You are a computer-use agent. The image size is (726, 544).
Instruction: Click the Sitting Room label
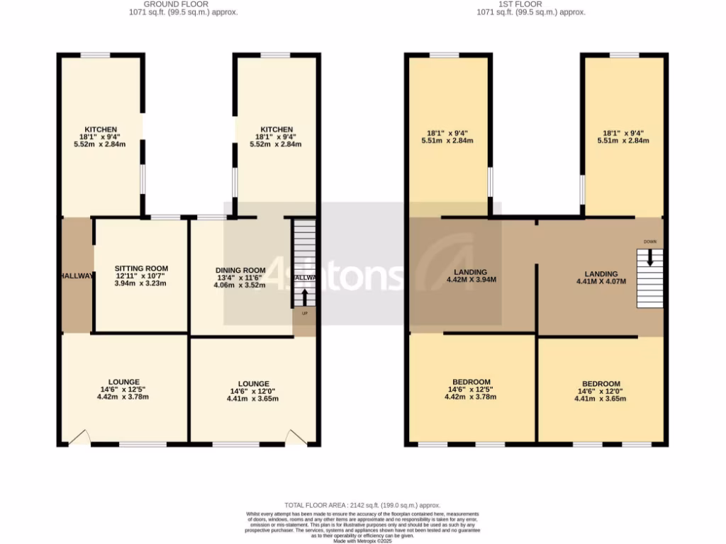(x=141, y=268)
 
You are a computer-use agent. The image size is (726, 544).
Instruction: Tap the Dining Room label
(x=240, y=270)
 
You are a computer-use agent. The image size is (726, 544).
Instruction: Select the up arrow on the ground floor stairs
(x=306, y=297)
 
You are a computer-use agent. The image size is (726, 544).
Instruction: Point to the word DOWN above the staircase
(x=650, y=242)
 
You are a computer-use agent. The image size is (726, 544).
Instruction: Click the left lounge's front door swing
(x=79, y=438)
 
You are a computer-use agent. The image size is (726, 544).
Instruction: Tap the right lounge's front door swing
(x=296, y=438)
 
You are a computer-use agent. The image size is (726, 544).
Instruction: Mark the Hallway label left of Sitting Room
(x=77, y=276)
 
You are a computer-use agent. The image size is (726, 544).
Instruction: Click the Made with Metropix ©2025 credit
(x=362, y=541)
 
